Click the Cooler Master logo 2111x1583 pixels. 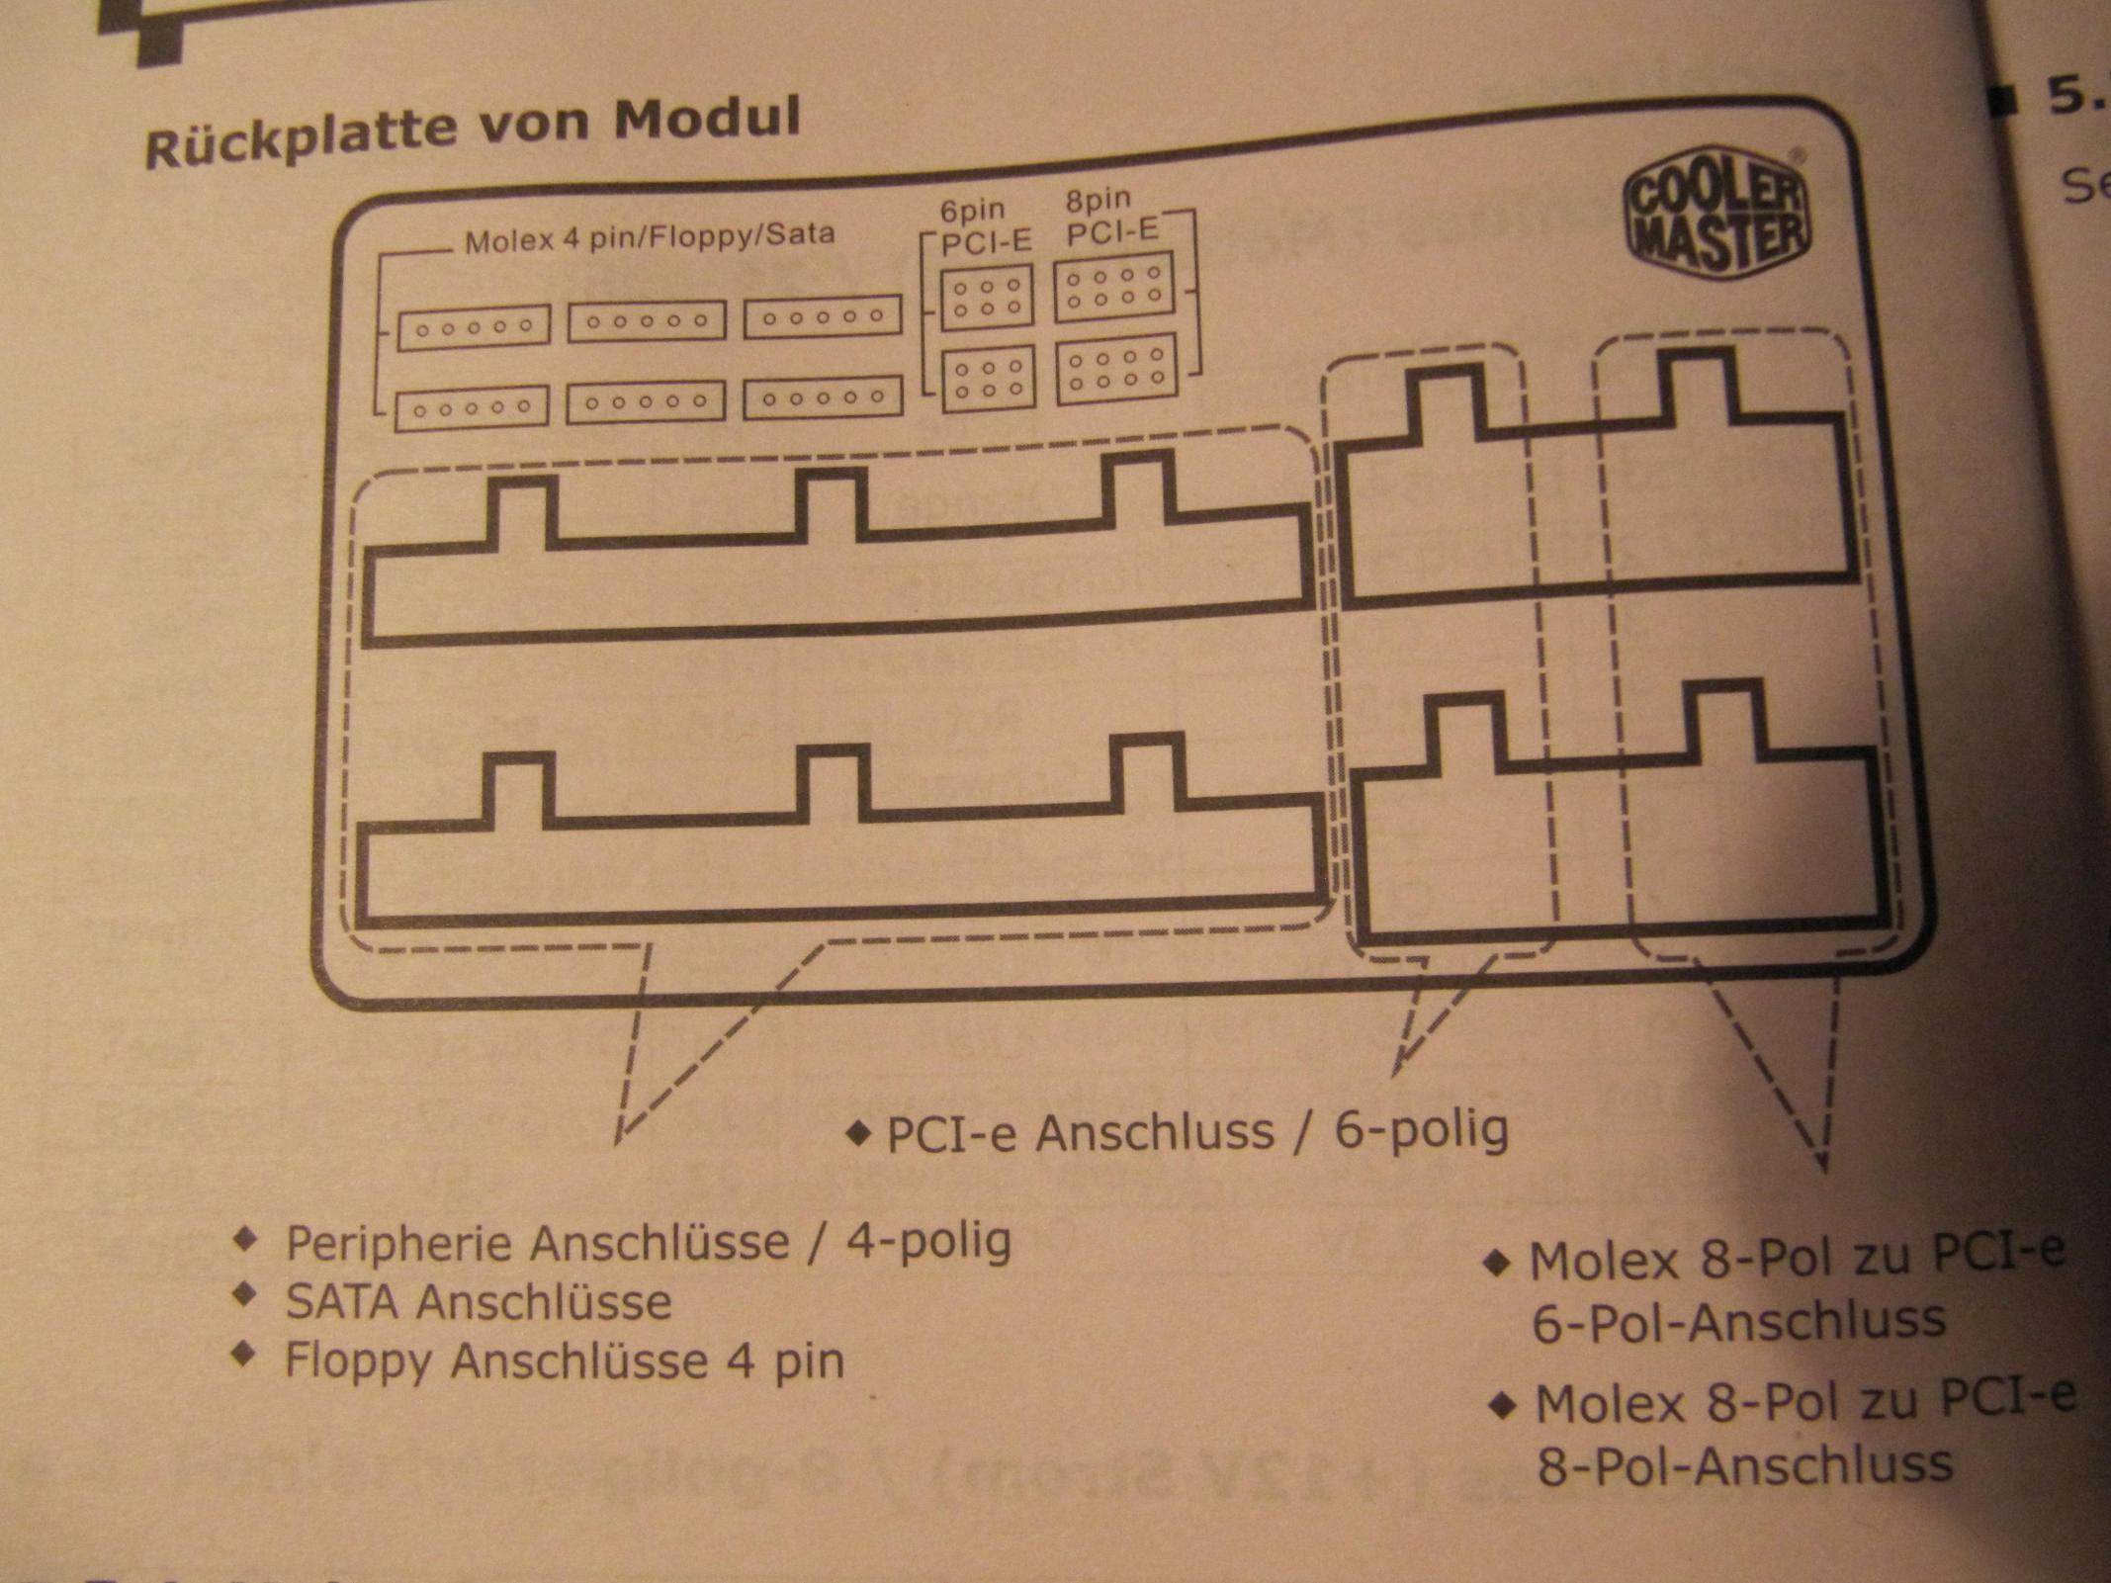point(1716,217)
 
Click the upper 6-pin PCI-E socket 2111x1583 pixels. point(987,297)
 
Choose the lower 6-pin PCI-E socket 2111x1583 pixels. point(988,378)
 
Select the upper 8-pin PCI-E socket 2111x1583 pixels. point(1114,287)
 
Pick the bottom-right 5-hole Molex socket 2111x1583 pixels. point(823,397)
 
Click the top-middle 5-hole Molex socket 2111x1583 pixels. point(647,321)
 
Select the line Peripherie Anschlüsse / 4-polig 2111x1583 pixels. point(649,1242)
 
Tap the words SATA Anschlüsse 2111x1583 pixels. point(479,1301)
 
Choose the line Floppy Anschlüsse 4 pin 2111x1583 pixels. point(565,1361)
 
